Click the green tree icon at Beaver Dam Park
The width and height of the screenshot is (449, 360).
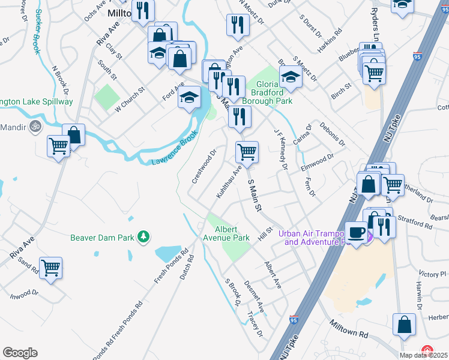coord(143,238)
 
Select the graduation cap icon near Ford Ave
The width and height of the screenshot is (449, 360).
coord(189,97)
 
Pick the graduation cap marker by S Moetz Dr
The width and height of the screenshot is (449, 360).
coord(291,77)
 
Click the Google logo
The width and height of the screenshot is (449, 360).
coord(20,353)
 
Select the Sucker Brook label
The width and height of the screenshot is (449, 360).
coord(37,32)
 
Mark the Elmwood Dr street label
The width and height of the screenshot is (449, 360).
coord(317,161)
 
